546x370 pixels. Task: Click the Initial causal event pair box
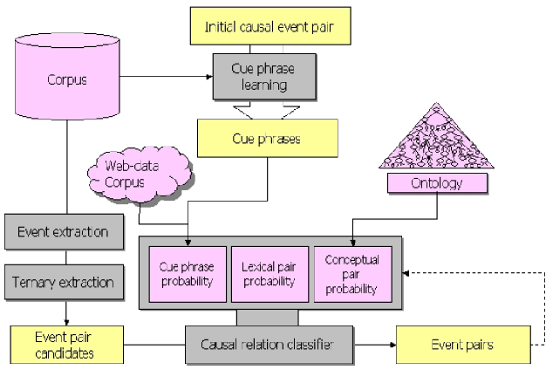[x=276, y=27]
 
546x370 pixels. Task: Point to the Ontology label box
[x=436, y=182]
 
